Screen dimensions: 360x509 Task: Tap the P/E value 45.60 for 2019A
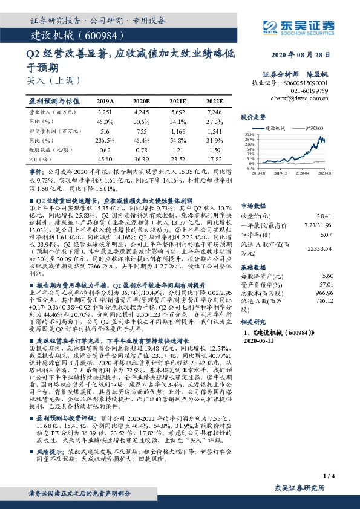pos(105,158)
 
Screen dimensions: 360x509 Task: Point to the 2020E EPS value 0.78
pos(140,149)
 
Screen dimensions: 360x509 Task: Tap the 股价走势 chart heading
pos(254,116)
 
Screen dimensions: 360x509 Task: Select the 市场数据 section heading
pos(254,205)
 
